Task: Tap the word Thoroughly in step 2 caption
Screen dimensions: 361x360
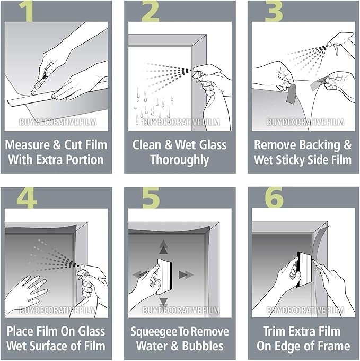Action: pyautogui.click(x=179, y=159)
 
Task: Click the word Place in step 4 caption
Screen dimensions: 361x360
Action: pyautogui.click(x=21, y=331)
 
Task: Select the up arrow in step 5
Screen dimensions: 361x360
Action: pyautogui.click(x=163, y=246)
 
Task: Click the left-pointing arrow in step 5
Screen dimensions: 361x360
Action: pyautogui.click(x=140, y=274)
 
